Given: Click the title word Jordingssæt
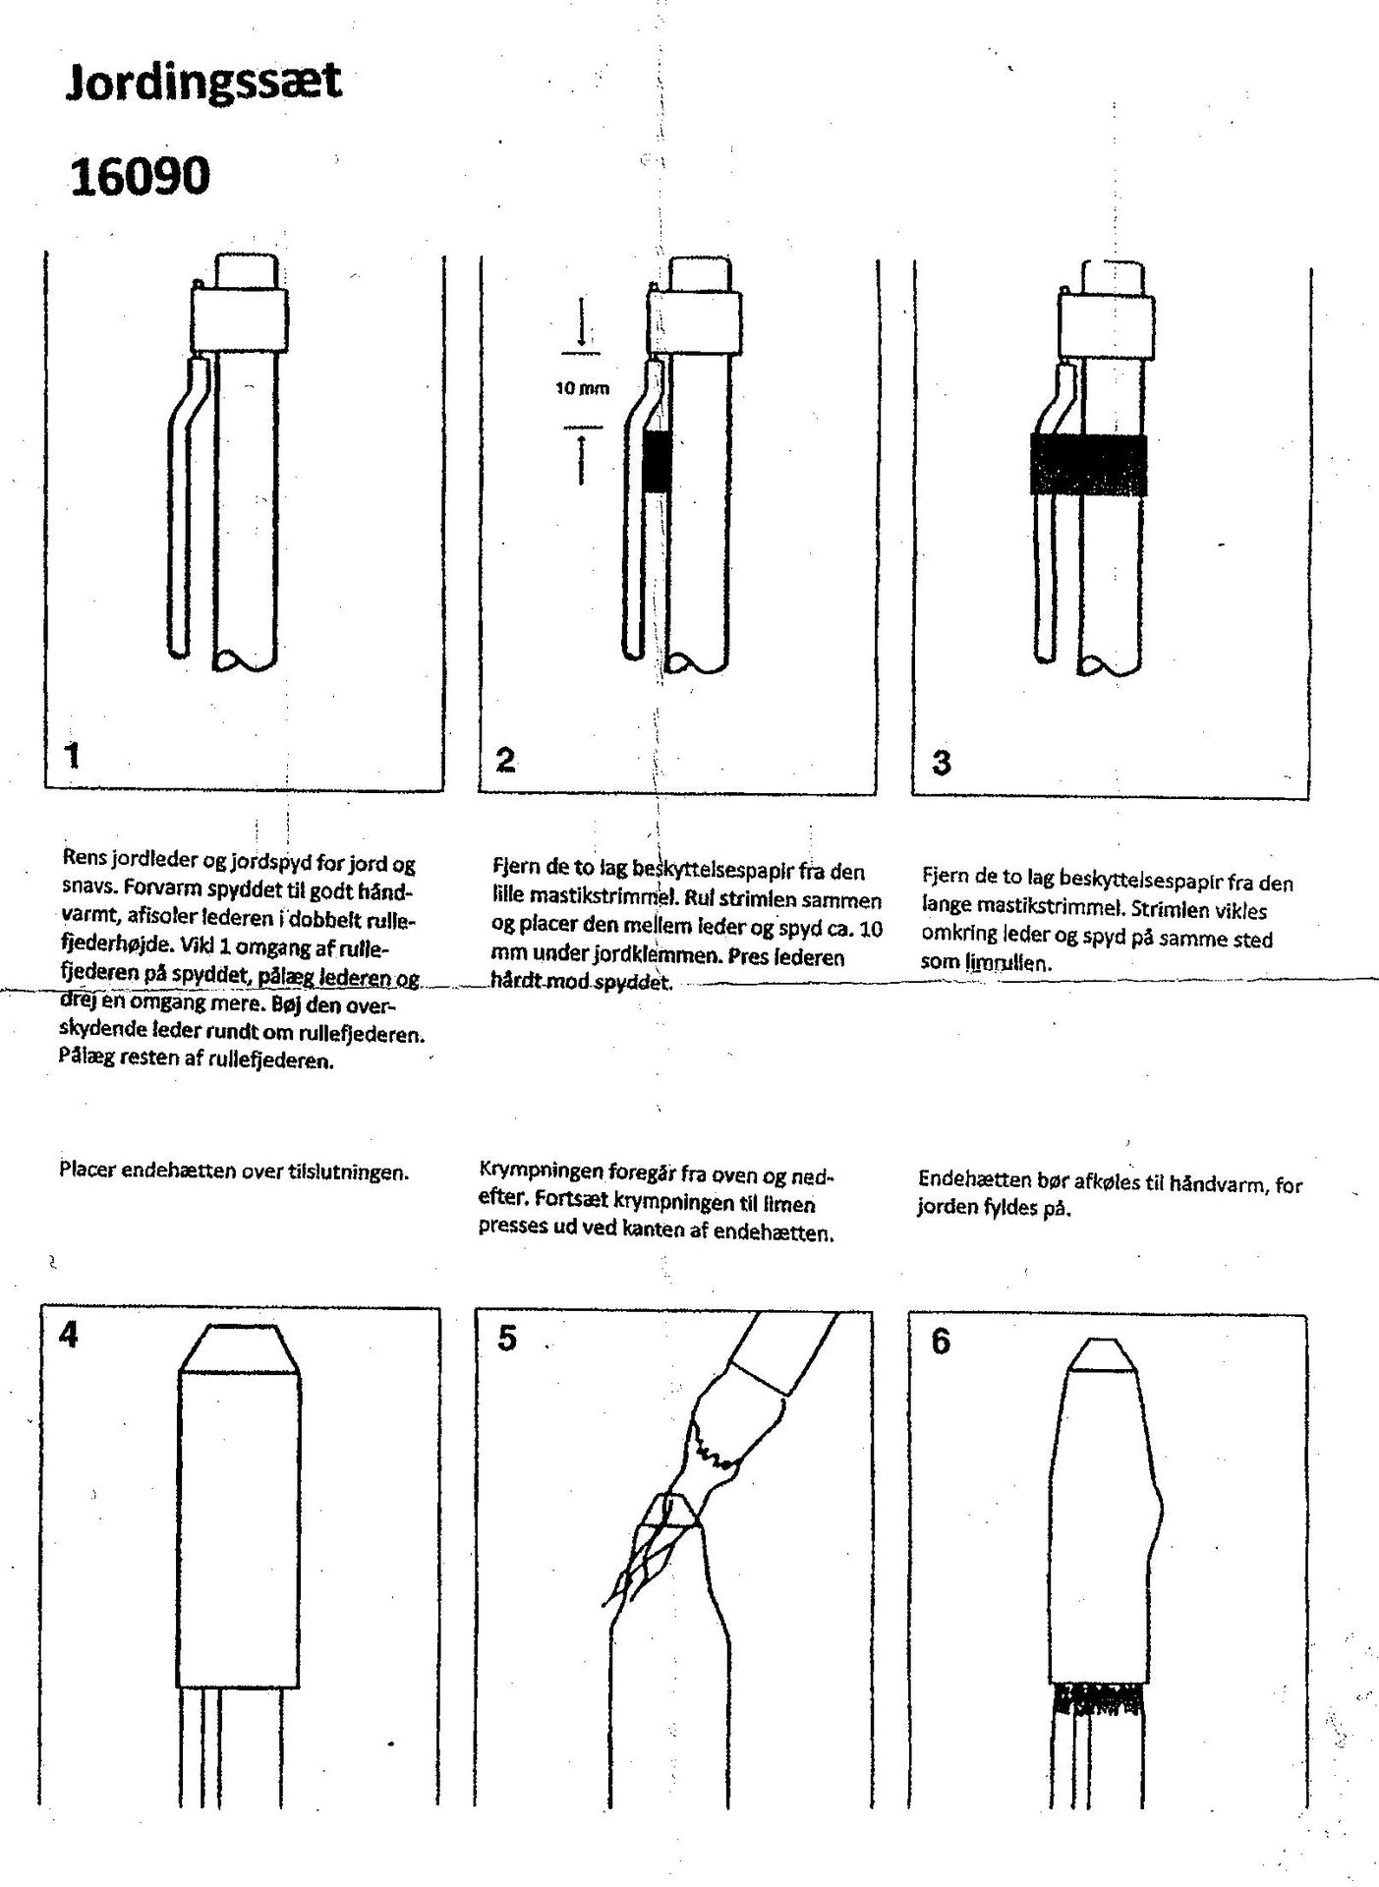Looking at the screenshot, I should [x=203, y=82].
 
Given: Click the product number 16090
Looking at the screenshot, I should [x=141, y=177].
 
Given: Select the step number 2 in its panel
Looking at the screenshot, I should [x=506, y=759].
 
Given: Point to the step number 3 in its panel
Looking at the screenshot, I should [x=941, y=762].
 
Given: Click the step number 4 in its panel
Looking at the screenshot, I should [x=69, y=1336].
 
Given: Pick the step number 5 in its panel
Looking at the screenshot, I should [x=507, y=1338].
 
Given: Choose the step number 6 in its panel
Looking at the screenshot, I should [x=941, y=1342].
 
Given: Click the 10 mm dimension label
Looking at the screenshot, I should [x=582, y=388].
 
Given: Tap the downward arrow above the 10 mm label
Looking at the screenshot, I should [x=582, y=322].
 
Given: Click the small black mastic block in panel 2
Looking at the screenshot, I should [x=656, y=461].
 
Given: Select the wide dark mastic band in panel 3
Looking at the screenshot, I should [x=1089, y=464].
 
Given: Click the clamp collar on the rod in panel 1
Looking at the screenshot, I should [x=240, y=320].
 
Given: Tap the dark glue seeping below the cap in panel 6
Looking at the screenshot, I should [x=1098, y=1698].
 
